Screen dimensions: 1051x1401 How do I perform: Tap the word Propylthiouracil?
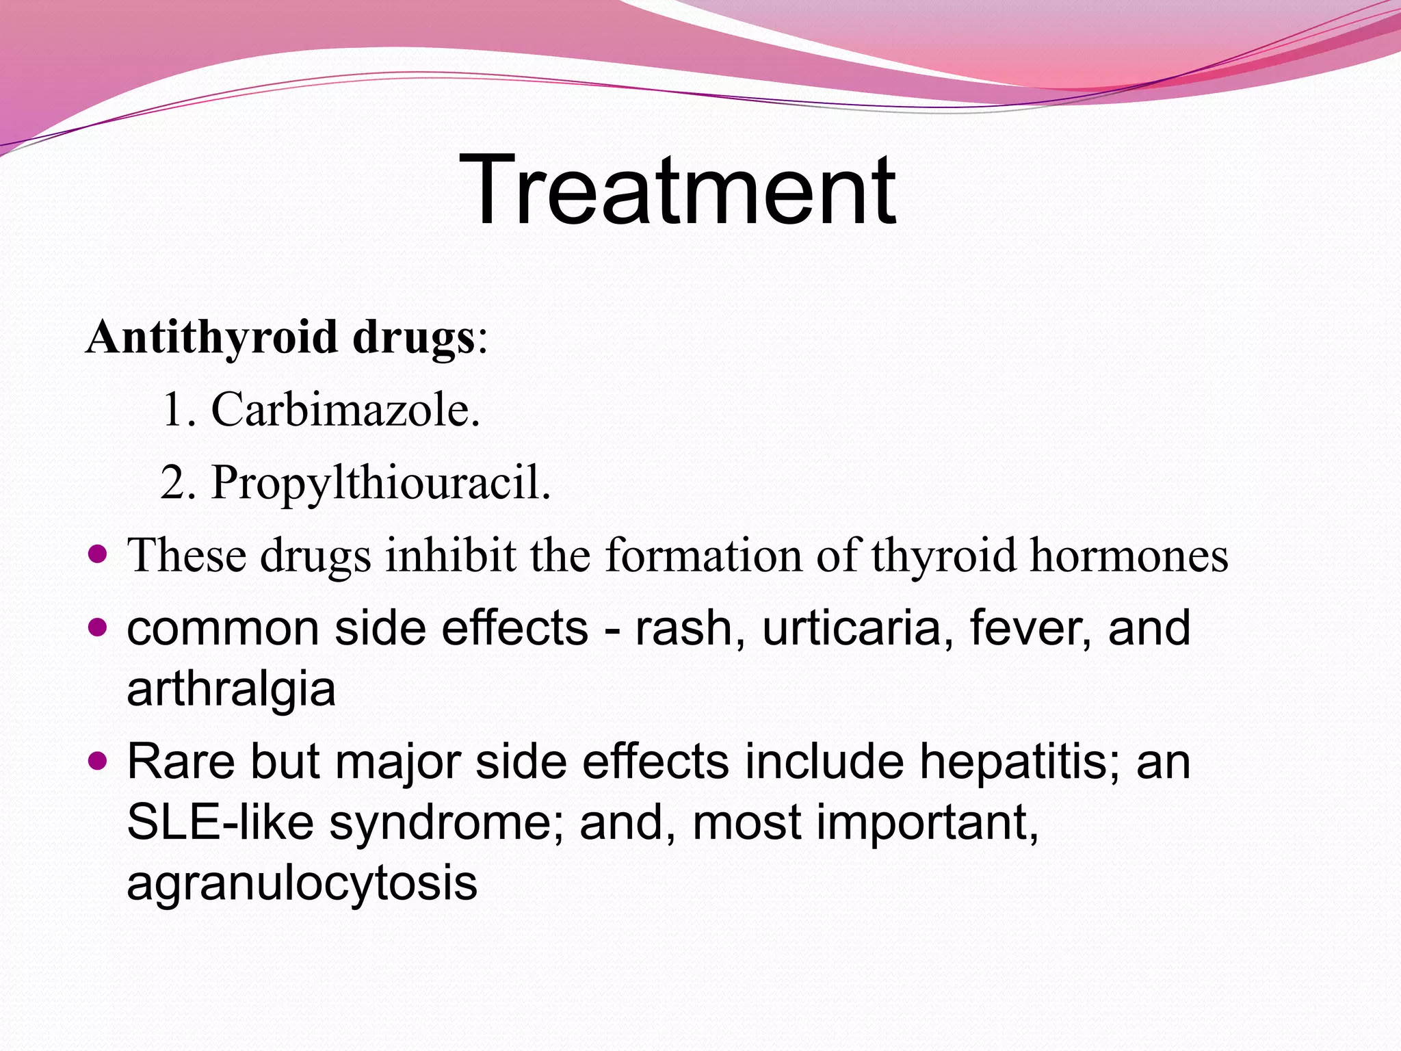(380, 483)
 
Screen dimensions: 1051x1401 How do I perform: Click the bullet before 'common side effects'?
(99, 625)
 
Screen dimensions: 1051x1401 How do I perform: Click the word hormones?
(1129, 555)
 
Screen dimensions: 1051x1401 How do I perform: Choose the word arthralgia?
(231, 689)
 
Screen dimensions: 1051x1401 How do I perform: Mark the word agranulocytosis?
(302, 883)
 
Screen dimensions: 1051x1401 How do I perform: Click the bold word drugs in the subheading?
(414, 337)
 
